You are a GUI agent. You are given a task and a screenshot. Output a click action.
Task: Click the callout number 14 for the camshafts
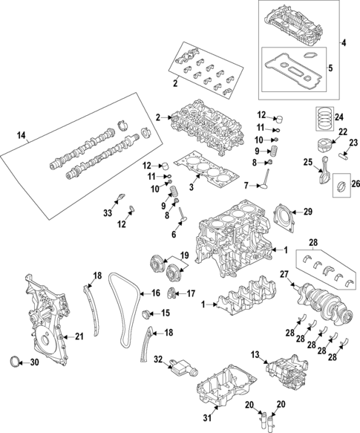pyautogui.click(x=20, y=135)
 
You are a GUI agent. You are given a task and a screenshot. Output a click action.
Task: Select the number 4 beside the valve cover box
pyautogui.click(x=343, y=43)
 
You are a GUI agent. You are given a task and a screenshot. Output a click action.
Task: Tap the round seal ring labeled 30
pyautogui.click(x=13, y=362)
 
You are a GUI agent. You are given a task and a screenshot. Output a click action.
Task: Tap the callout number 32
pyautogui.click(x=157, y=359)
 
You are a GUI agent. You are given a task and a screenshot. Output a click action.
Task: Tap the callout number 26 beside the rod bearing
pyautogui.click(x=355, y=184)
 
